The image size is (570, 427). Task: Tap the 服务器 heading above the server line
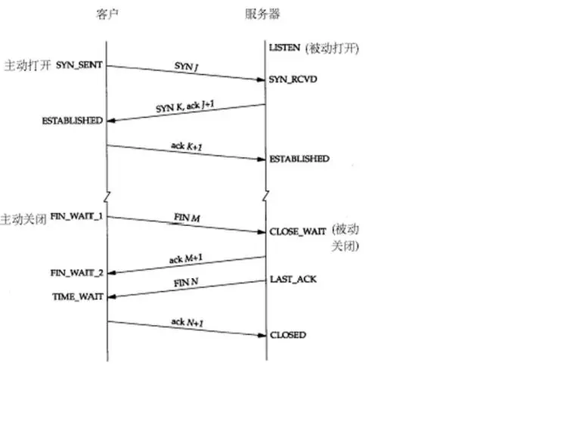point(263,15)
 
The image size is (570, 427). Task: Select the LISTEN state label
point(285,48)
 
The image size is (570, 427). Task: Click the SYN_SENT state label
point(79,66)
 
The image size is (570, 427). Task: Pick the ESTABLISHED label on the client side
point(73,121)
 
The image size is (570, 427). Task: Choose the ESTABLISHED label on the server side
point(299,159)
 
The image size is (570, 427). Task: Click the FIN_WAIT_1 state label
point(77,216)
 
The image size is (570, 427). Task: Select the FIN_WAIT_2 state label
point(77,271)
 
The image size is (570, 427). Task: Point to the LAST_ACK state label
point(293,280)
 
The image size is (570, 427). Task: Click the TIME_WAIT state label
point(77,297)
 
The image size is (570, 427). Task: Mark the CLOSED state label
point(288,334)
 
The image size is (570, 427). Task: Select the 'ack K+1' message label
point(186,145)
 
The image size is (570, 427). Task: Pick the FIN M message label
point(186,218)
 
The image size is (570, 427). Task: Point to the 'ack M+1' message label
point(185,259)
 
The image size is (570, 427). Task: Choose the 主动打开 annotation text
point(27,66)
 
